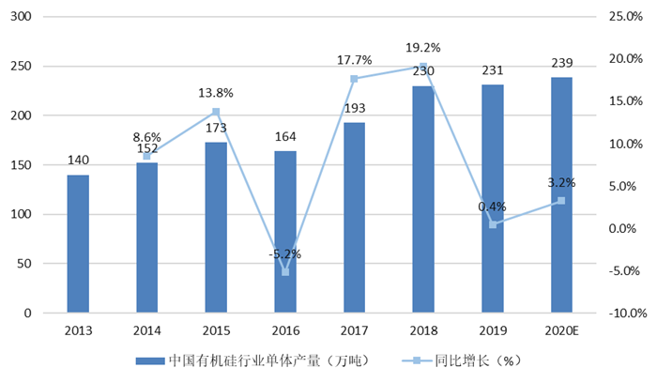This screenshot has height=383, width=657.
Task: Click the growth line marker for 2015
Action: click(216, 112)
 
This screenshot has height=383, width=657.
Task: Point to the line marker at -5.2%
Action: click(285, 272)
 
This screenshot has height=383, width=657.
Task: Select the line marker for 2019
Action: click(493, 224)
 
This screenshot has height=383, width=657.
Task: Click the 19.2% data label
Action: click(422, 48)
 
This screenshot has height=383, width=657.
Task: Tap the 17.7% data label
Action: click(355, 61)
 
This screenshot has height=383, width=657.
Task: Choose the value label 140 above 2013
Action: click(78, 161)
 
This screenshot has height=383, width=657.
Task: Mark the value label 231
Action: click(493, 70)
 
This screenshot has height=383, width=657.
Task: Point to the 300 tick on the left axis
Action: click(31, 18)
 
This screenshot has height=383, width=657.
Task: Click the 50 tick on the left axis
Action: click(35, 264)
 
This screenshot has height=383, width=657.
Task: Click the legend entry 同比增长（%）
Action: click(464, 360)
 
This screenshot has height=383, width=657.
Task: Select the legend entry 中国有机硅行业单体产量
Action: click(253, 360)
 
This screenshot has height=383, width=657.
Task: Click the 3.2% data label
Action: click(561, 183)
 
